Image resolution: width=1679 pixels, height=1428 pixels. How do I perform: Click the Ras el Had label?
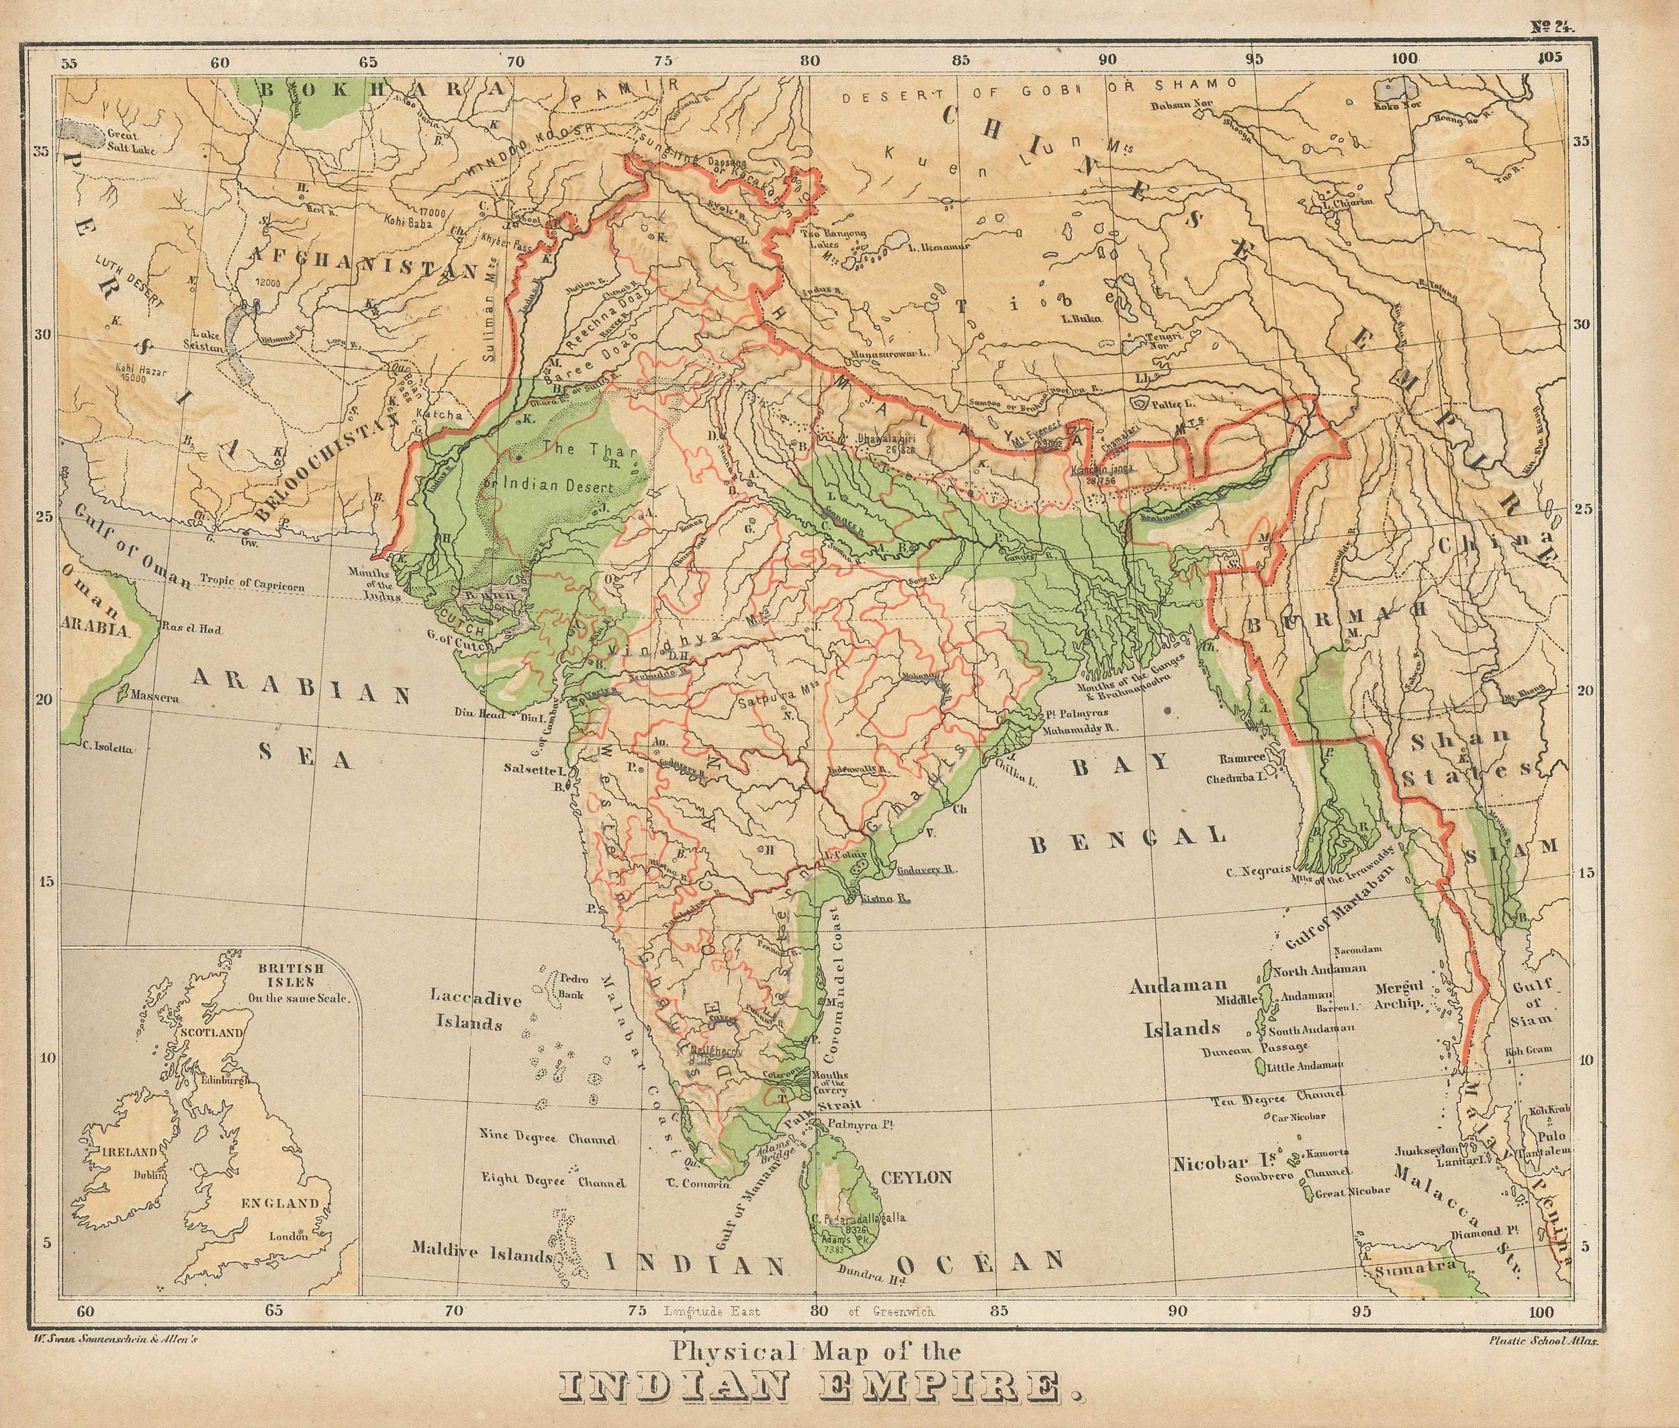coord(192,627)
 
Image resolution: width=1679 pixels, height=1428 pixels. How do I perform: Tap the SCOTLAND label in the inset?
coord(212,1034)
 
